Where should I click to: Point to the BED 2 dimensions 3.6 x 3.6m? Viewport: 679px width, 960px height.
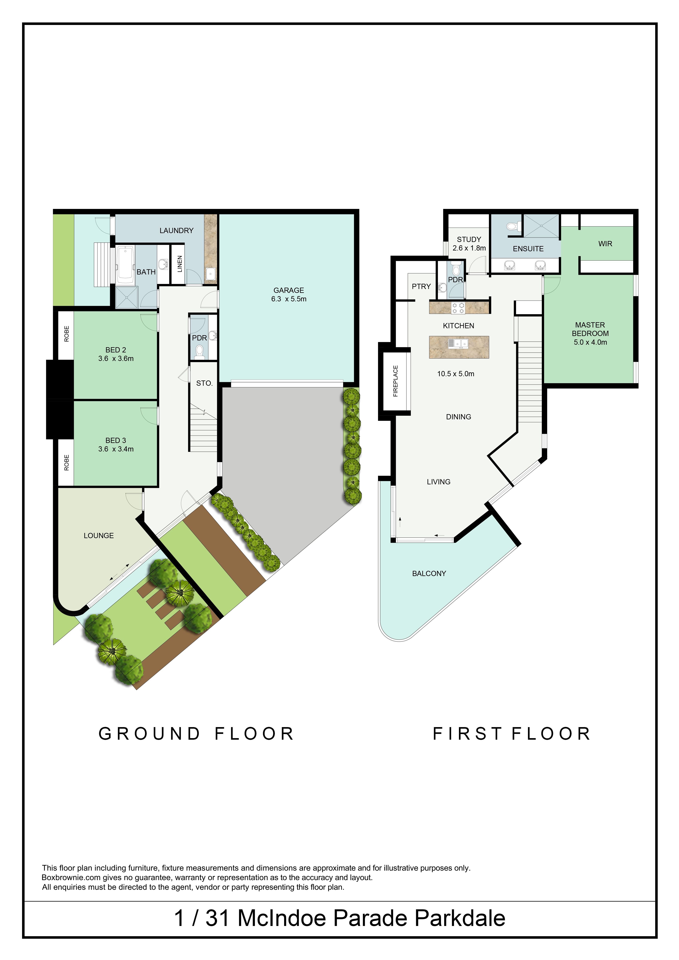pos(116,358)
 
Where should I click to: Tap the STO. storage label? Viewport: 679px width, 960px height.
pos(204,383)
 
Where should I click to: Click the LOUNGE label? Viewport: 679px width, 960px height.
pos(99,536)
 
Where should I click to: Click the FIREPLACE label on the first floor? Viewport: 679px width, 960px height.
pos(395,381)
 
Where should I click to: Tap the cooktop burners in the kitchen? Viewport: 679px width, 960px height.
pos(458,308)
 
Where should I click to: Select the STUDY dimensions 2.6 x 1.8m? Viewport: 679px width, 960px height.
pos(469,248)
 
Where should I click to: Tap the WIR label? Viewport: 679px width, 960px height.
pos(605,244)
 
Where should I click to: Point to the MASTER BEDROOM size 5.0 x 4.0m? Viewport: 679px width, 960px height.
pos(590,342)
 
